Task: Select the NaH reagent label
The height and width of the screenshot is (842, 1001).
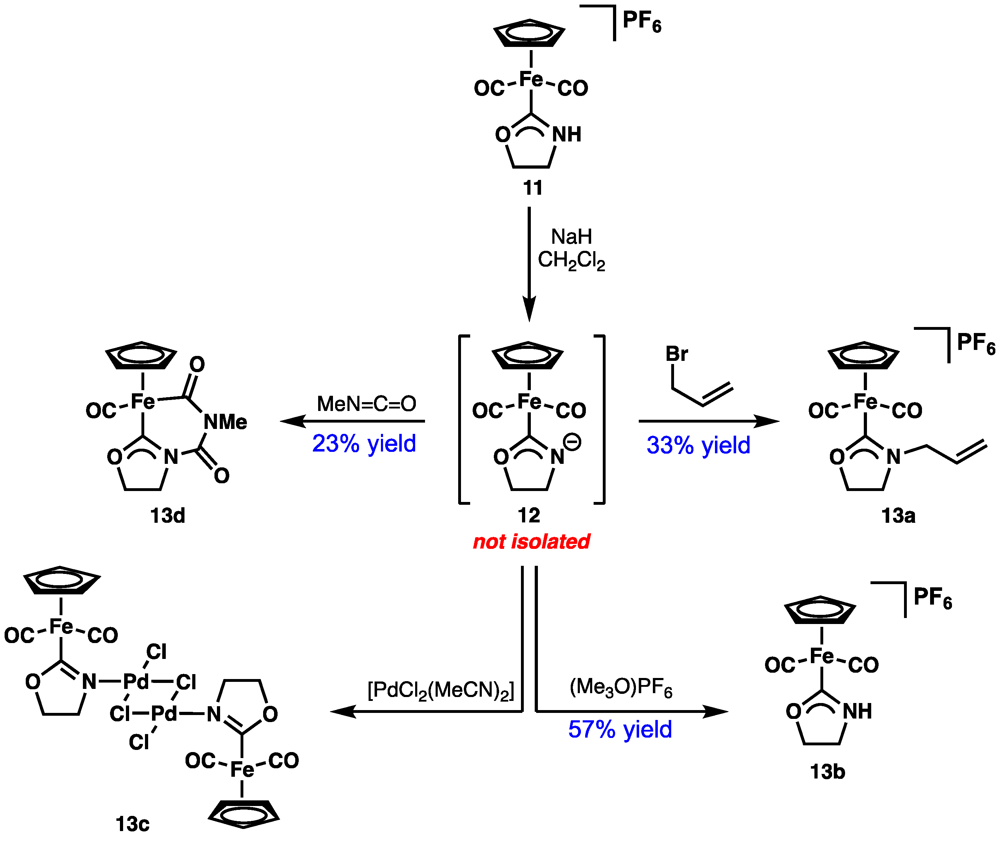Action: point(571,237)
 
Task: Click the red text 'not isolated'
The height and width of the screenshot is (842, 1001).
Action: point(531,542)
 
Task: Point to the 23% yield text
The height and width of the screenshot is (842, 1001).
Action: point(364,443)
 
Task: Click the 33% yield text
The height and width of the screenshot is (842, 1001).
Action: point(698,445)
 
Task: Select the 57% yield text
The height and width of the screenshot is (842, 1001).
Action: point(620,729)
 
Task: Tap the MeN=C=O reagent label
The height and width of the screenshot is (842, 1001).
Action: point(366,404)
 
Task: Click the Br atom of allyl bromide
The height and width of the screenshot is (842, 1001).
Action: point(677,354)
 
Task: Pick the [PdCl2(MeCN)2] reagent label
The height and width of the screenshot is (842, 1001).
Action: point(441,690)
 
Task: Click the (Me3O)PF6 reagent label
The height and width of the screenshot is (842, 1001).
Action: point(620,688)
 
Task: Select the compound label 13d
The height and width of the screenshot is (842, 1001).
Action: point(167,515)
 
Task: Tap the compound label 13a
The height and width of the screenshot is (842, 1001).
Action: point(898,515)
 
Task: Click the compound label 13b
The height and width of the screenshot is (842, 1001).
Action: point(827,772)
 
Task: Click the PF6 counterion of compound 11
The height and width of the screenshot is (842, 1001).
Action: point(642,22)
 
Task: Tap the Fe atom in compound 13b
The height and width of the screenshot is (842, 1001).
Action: point(821,656)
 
